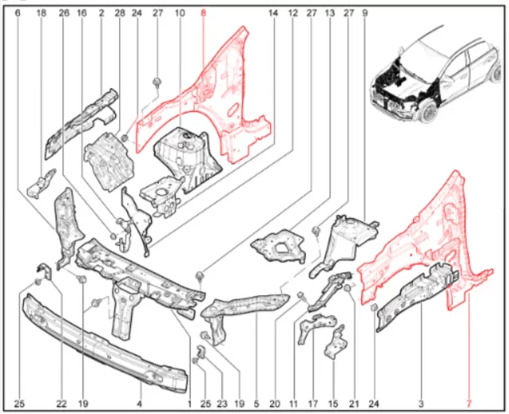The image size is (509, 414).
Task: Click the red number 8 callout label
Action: (203, 13)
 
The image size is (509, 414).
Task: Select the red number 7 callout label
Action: (469, 404)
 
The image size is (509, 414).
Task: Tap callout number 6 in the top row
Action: (17, 13)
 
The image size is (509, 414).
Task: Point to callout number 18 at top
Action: (41, 13)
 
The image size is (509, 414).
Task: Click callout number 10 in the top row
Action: (179, 13)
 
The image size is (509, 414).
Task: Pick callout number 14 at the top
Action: (273, 13)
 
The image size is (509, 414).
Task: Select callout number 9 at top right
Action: (364, 13)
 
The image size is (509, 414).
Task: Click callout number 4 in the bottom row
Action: (139, 404)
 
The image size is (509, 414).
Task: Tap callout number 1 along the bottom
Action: (190, 404)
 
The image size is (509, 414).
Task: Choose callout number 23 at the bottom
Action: (222, 404)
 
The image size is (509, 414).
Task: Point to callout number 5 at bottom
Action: (256, 404)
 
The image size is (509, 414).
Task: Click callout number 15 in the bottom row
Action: (333, 404)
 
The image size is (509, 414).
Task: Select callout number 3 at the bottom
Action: (421, 404)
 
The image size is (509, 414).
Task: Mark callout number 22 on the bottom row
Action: (61, 404)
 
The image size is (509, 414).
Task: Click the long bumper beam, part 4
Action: (104, 343)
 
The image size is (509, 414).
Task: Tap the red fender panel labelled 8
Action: (227, 107)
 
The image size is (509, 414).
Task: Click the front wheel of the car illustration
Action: (430, 112)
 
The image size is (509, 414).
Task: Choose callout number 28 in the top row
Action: (119, 13)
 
